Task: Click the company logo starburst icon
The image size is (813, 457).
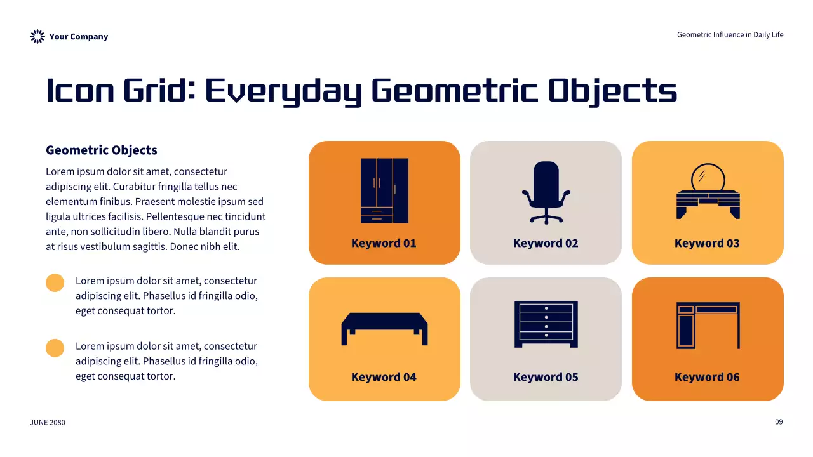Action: point(37,37)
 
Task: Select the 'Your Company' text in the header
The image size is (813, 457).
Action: point(79,37)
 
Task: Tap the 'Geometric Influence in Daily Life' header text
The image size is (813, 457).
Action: point(730,35)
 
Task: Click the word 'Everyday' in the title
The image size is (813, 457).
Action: point(283,91)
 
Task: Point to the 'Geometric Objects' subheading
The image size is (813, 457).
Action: point(102,150)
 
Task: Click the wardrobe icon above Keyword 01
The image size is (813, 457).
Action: point(384,190)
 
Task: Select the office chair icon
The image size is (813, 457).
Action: point(546,192)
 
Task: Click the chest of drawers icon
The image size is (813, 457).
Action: point(546,324)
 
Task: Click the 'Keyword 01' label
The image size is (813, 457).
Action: point(384,243)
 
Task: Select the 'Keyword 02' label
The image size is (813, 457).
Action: point(546,243)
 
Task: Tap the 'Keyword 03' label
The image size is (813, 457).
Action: point(707,243)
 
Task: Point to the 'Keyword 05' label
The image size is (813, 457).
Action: point(546,377)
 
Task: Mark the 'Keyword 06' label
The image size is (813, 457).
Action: point(707,377)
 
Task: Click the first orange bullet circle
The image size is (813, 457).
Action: point(55,282)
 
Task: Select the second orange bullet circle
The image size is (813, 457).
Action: point(55,348)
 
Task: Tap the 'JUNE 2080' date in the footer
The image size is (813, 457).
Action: point(48,423)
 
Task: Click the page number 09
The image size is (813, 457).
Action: point(779,422)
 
